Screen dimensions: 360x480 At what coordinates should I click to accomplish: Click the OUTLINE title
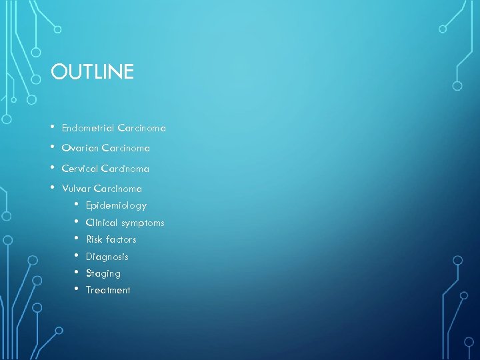coord(92,71)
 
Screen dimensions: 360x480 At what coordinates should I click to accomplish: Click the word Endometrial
coord(87,127)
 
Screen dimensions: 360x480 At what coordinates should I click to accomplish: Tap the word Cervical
coord(79,169)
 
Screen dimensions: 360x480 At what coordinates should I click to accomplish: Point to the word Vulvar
coord(76,189)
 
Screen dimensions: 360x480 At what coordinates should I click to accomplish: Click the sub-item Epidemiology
coord(116,206)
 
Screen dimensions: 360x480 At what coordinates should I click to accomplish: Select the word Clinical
coord(101,223)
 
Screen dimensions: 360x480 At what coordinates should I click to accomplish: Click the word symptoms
coord(143,223)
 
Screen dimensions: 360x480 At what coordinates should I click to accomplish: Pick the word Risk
coord(95,239)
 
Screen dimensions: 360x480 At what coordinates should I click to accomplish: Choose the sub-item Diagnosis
coord(107,257)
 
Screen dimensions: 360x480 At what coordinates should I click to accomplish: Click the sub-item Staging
coord(103,273)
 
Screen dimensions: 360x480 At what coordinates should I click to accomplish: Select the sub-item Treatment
coord(108,290)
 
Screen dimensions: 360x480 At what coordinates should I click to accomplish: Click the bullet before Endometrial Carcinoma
coord(51,127)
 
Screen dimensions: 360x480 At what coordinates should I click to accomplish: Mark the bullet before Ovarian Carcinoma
coord(51,147)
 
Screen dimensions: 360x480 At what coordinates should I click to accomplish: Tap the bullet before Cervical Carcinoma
coord(51,168)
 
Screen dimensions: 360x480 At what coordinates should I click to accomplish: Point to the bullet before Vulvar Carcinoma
coord(51,188)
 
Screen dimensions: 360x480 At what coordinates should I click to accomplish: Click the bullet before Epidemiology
coord(77,205)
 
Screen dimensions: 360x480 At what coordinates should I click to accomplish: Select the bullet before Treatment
coord(77,289)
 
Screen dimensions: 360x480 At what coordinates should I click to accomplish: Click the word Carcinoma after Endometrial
coord(141,127)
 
